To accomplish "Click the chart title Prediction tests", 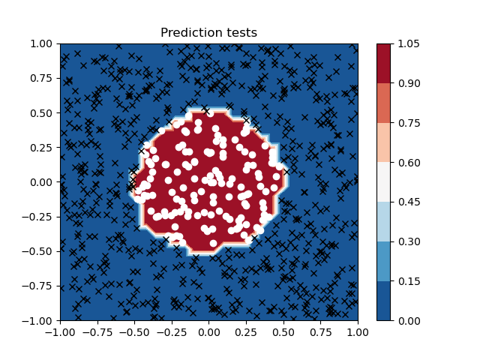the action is (208, 32).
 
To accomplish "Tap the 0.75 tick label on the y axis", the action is (41, 78).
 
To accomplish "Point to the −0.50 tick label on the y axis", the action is (37, 251).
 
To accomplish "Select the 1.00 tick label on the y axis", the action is (41, 43).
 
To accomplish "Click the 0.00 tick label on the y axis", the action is (41, 182).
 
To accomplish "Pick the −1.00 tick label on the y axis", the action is (37, 321).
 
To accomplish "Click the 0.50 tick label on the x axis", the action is (283, 332).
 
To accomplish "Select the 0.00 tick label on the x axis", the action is (208, 332).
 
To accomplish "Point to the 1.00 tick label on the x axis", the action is (358, 332).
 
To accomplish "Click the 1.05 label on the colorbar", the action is (409, 43).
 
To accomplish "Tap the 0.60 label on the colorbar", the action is (409, 163).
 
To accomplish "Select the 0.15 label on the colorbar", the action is (409, 281).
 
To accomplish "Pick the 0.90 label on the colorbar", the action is (409, 83).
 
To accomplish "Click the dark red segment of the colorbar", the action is (383, 64).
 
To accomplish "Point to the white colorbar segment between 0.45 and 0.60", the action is (383, 182).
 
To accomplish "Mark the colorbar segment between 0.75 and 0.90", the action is (383, 103).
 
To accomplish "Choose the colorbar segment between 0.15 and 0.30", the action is (383, 261).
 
